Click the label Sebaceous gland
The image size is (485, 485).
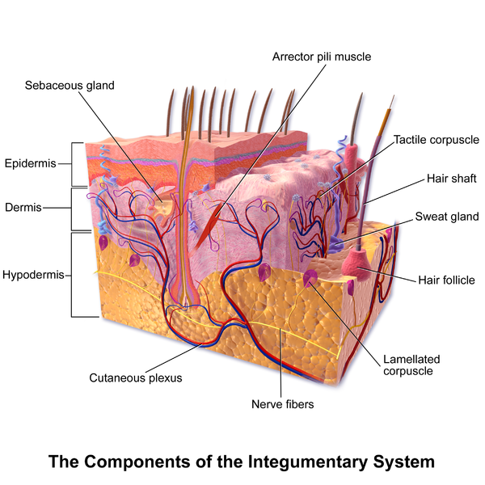coord(70,85)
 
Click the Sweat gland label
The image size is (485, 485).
coord(447,216)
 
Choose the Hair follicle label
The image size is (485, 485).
coord(446,280)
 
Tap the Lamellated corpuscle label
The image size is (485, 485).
coord(409,365)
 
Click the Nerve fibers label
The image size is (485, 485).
coord(282,403)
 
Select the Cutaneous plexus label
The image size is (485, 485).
coord(135,377)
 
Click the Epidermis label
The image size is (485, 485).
coord(31,163)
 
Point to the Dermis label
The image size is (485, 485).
coord(25,207)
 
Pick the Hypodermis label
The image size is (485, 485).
coord(35,275)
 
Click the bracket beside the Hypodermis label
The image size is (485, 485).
coord(75,275)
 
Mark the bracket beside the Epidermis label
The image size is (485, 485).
coord(75,163)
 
